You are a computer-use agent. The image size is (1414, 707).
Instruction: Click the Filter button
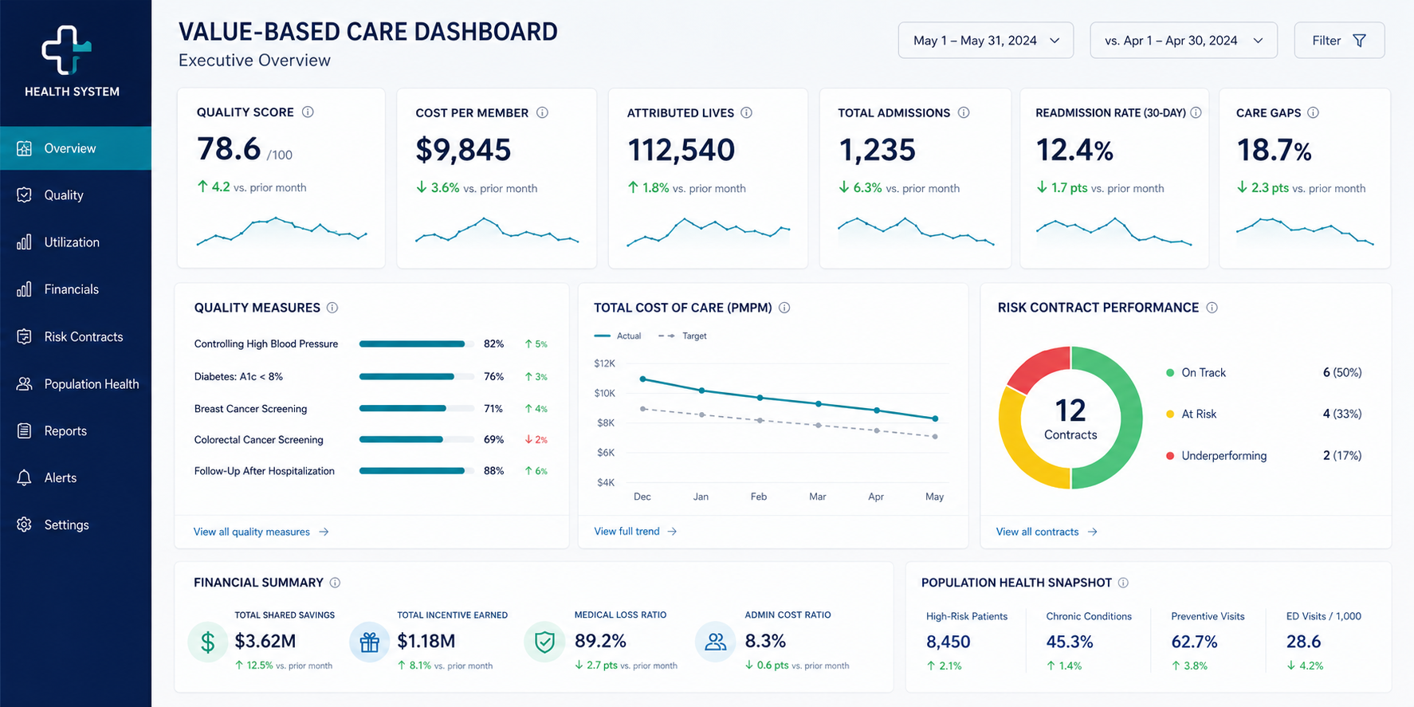pyautogui.click(x=1339, y=41)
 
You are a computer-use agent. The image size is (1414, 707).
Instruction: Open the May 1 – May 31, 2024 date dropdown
pyautogui.click(x=986, y=41)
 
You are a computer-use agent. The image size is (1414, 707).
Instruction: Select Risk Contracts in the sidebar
pyautogui.click(x=84, y=337)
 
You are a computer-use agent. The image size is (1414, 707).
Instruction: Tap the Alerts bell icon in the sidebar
pyautogui.click(x=25, y=478)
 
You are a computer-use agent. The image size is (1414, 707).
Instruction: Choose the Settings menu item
pyautogui.click(x=66, y=525)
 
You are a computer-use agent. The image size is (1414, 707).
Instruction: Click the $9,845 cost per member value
pyautogui.click(x=463, y=150)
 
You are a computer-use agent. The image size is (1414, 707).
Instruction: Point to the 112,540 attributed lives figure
pyautogui.click(x=681, y=150)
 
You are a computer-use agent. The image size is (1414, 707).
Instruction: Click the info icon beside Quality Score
pyautogui.click(x=308, y=112)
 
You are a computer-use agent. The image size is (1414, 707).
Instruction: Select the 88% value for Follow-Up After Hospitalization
pyautogui.click(x=493, y=471)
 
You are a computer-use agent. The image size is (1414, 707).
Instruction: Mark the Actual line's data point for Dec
pyautogui.click(x=643, y=379)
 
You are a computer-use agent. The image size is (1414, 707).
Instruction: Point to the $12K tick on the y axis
pyautogui.click(x=605, y=363)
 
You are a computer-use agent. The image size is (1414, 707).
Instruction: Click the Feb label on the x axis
pyautogui.click(x=759, y=497)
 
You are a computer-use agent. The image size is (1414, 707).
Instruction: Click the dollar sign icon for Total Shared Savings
pyautogui.click(x=208, y=642)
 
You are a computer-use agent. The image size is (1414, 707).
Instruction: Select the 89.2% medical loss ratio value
pyautogui.click(x=600, y=641)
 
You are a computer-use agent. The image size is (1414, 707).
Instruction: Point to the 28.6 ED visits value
pyautogui.click(x=1303, y=642)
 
